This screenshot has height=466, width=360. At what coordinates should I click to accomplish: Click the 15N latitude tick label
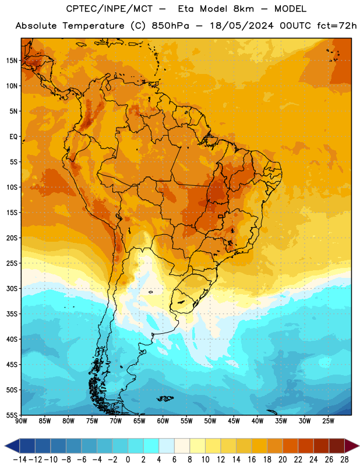[x=12, y=61]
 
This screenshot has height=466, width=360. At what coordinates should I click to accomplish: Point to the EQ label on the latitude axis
[x=13, y=137]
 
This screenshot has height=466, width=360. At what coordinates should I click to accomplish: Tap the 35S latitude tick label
[x=12, y=314]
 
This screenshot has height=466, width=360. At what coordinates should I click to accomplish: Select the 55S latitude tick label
[x=12, y=415]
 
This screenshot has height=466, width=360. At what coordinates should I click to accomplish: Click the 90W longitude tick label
[x=21, y=421]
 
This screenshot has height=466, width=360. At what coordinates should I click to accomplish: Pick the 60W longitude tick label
[x=163, y=421]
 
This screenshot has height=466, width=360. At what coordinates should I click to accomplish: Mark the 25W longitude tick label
[x=328, y=421]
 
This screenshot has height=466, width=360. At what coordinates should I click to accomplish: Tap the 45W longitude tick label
[x=234, y=421]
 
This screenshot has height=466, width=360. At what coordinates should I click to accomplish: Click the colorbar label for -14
[x=20, y=460]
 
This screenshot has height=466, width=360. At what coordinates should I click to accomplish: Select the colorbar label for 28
[x=344, y=460]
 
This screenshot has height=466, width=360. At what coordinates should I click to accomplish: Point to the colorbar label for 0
[x=128, y=460]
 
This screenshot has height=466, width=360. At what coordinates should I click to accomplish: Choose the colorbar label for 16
[x=252, y=460]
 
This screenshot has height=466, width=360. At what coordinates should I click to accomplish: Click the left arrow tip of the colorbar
[x=5, y=446]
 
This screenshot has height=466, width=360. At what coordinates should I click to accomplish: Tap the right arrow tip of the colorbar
[x=359, y=446]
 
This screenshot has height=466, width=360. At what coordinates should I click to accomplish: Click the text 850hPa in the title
[x=170, y=26]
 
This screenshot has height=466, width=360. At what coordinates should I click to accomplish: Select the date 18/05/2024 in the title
[x=241, y=26]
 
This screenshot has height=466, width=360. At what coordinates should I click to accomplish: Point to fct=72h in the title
[x=337, y=26]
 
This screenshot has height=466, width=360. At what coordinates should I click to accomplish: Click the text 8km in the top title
[x=243, y=9]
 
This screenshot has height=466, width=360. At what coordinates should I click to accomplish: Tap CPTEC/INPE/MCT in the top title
[x=109, y=9]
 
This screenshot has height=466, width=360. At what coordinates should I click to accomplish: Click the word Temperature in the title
[x=93, y=26]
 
